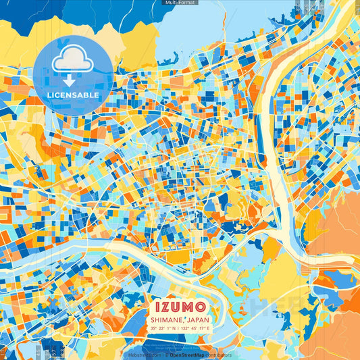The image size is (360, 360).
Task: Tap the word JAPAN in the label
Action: coord(197,319)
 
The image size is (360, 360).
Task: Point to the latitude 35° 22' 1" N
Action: coord(163,328)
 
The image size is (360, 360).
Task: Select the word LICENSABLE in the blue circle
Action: coord(72,95)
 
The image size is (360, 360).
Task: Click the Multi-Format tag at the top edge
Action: coord(180,3)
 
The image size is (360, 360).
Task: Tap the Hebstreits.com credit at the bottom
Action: coord(143,355)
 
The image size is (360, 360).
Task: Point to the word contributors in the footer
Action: coord(218,355)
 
